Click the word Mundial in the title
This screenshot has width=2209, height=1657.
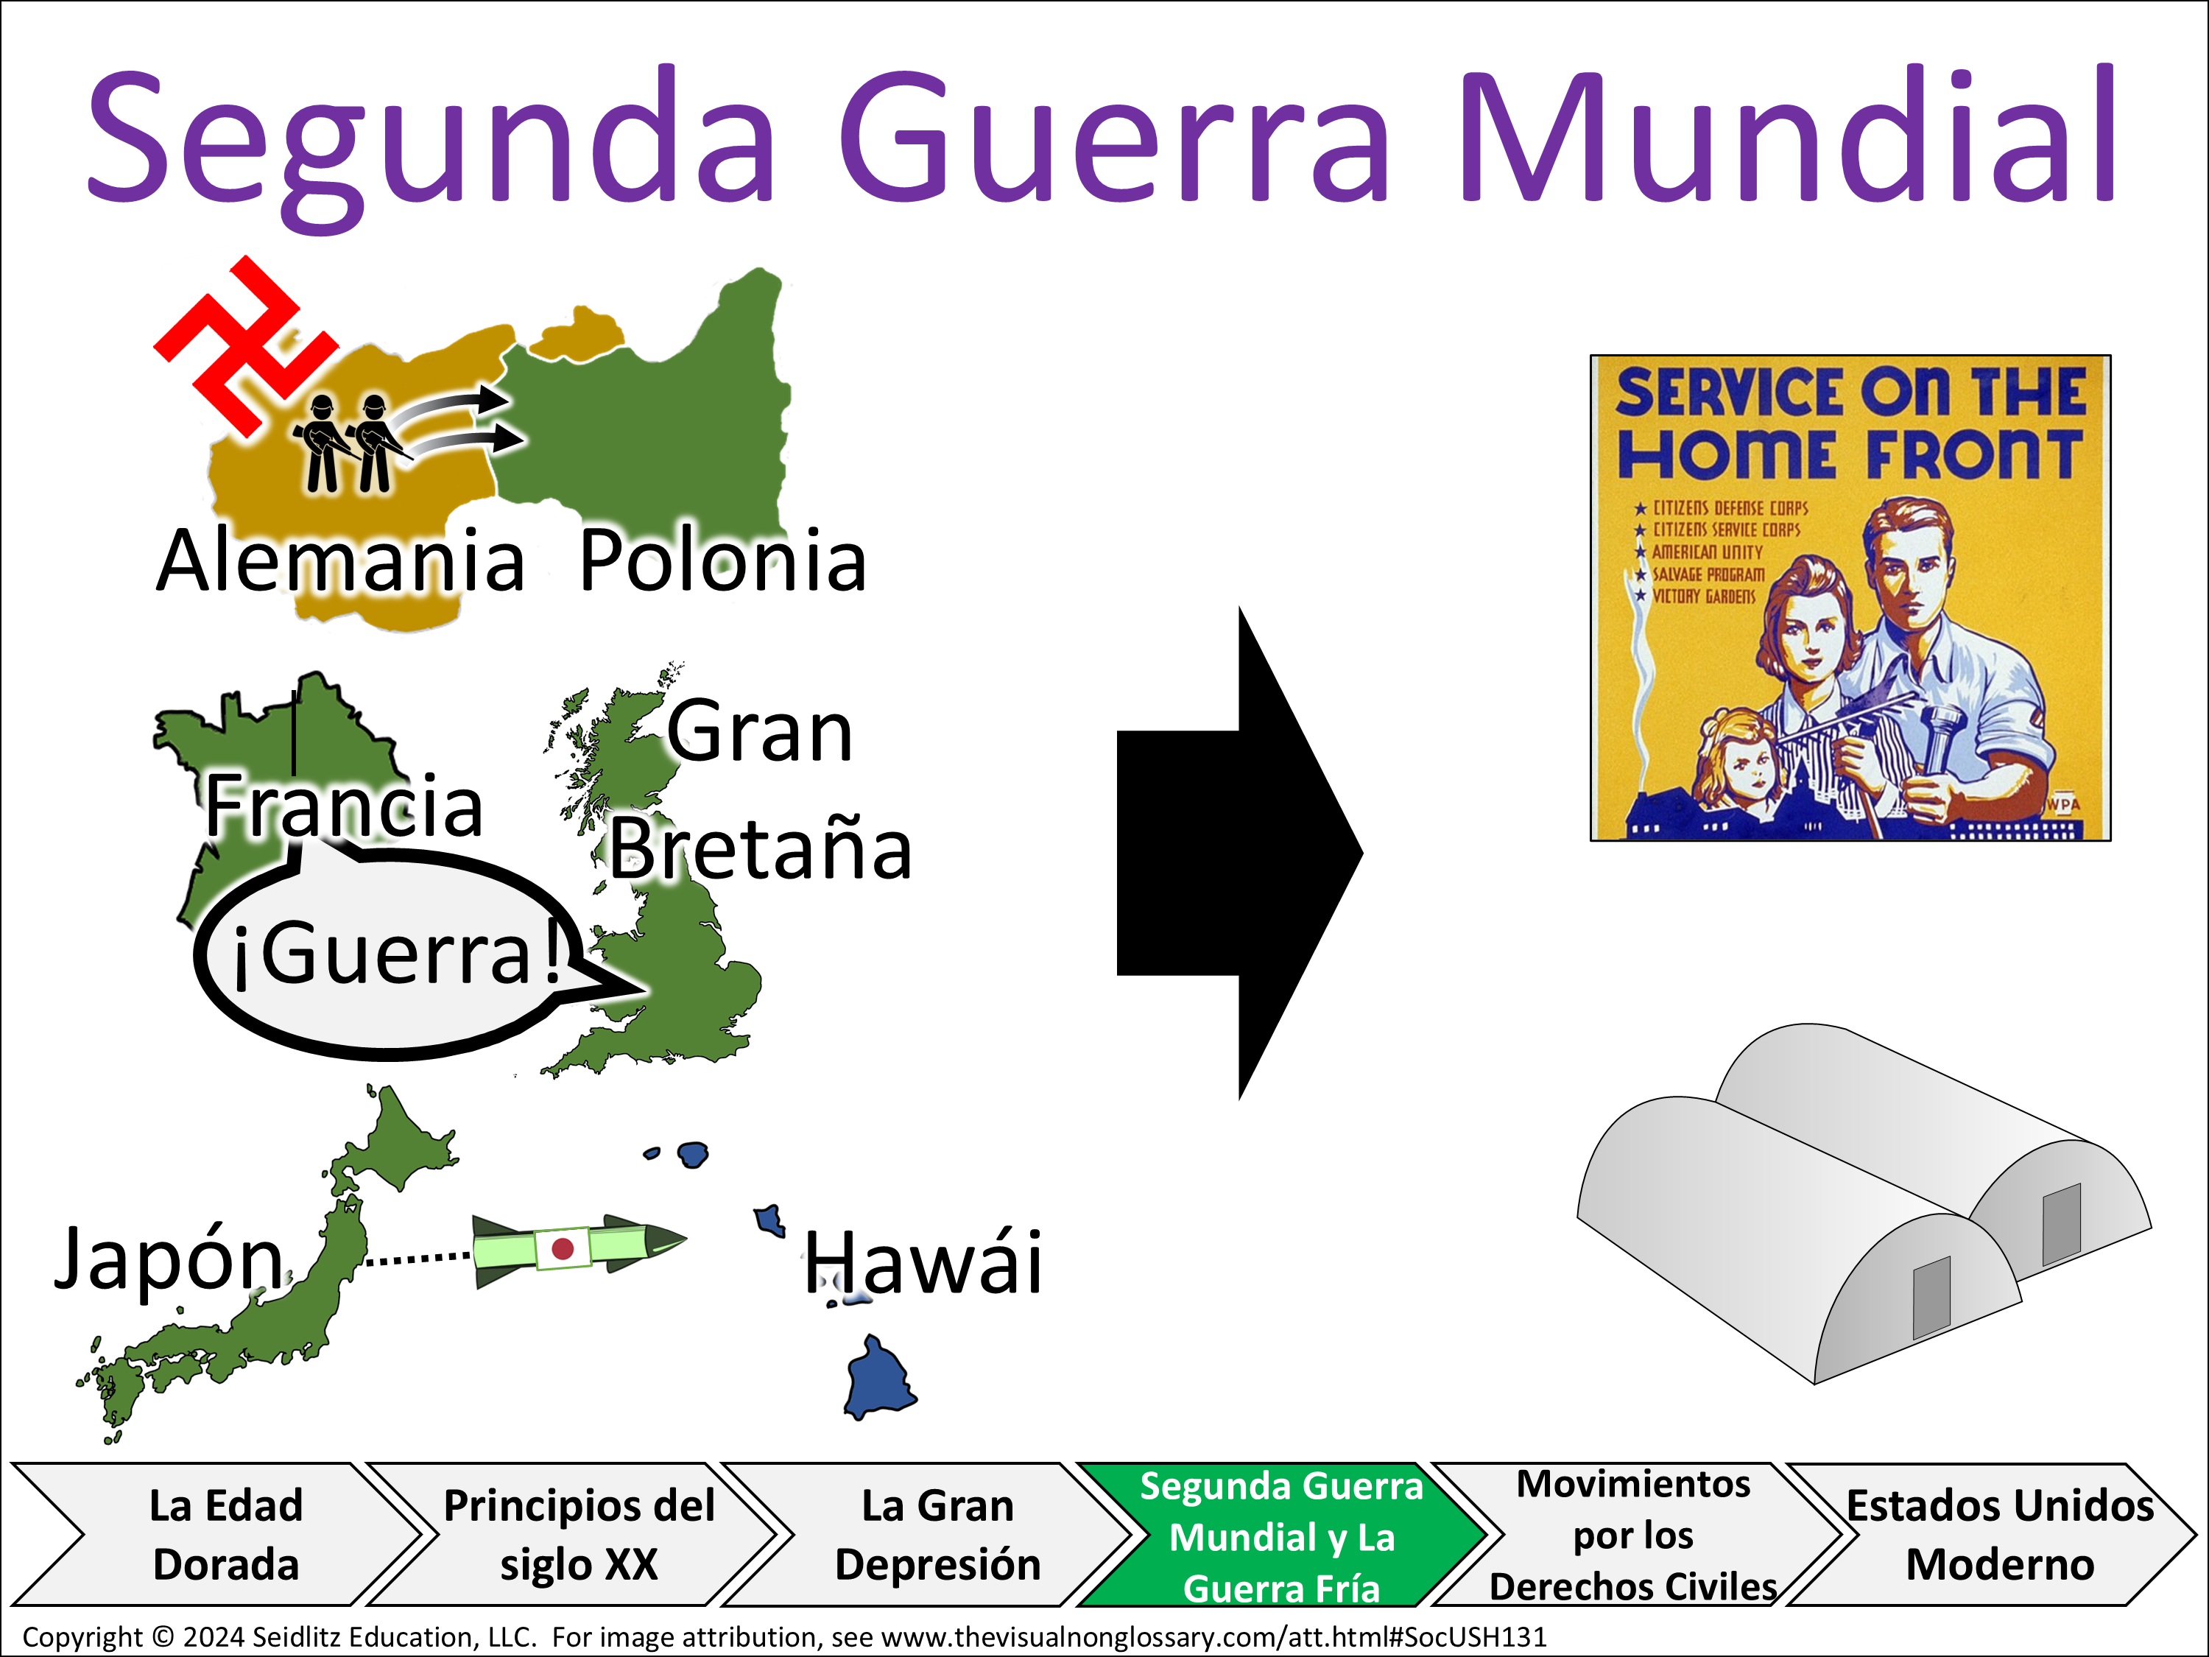click(x=1786, y=135)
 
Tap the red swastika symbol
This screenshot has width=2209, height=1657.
click(x=244, y=345)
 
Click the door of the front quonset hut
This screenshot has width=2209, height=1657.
click(x=1931, y=1298)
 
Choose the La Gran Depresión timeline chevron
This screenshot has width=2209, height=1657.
click(x=928, y=1534)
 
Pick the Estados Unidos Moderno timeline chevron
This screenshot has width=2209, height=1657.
click(x=1993, y=1534)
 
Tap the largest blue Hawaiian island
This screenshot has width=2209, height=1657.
click(x=878, y=1379)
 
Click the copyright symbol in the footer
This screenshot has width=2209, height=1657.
click(x=163, y=1638)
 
